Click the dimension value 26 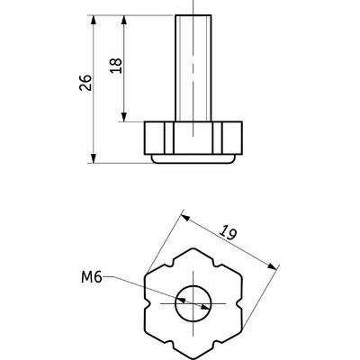tap(85, 83)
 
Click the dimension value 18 tap(116, 66)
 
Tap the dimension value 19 tap(228, 233)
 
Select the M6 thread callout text tap(92, 277)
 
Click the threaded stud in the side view tap(193, 68)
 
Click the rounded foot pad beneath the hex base tap(193, 159)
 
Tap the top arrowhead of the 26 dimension tap(94, 21)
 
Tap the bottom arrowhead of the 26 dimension tap(94, 158)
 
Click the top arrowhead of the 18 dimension tap(124, 21)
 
